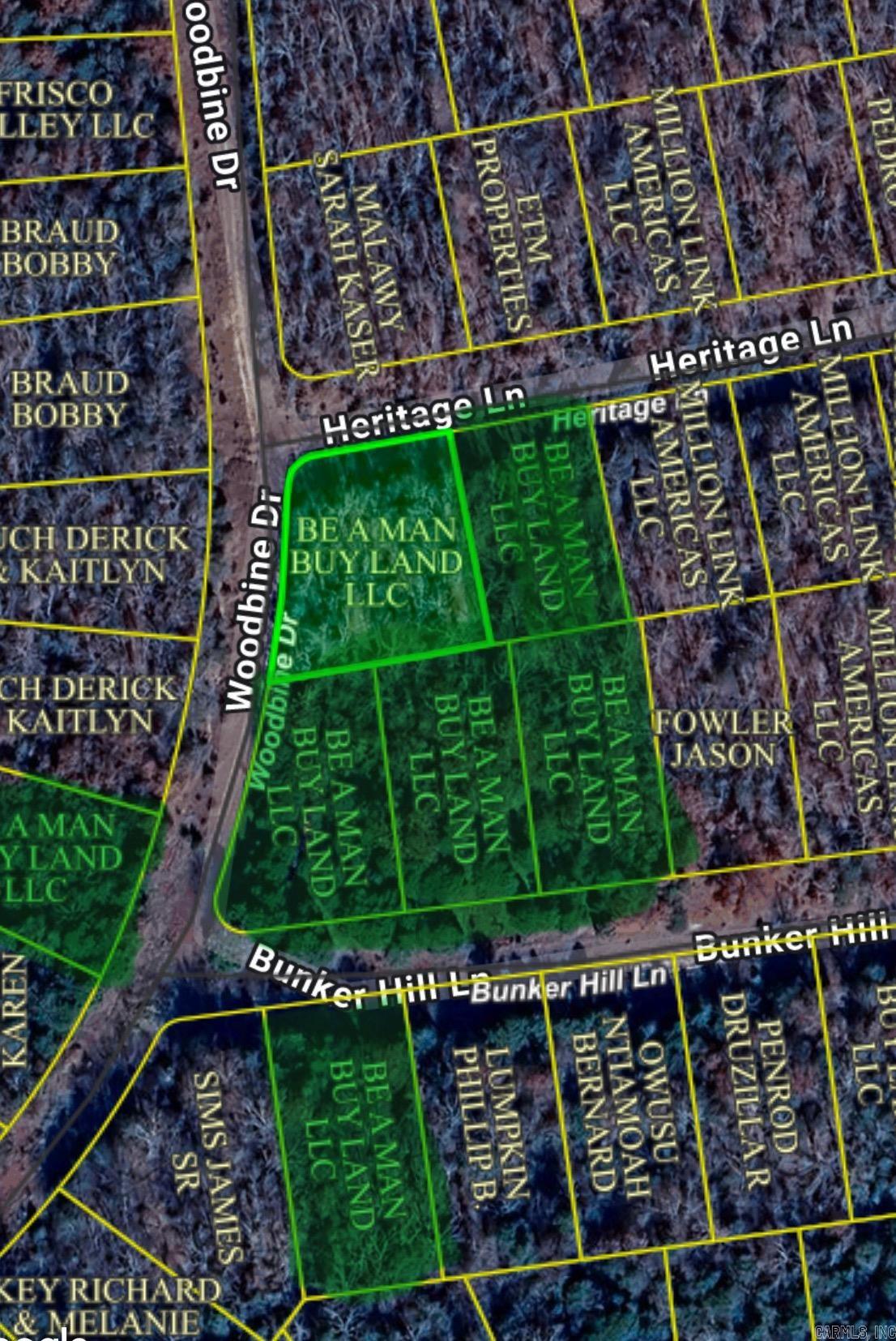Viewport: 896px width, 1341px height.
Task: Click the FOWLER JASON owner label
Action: click(x=721, y=739)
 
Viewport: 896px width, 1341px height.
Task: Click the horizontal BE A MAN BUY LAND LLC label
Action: click(x=378, y=563)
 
